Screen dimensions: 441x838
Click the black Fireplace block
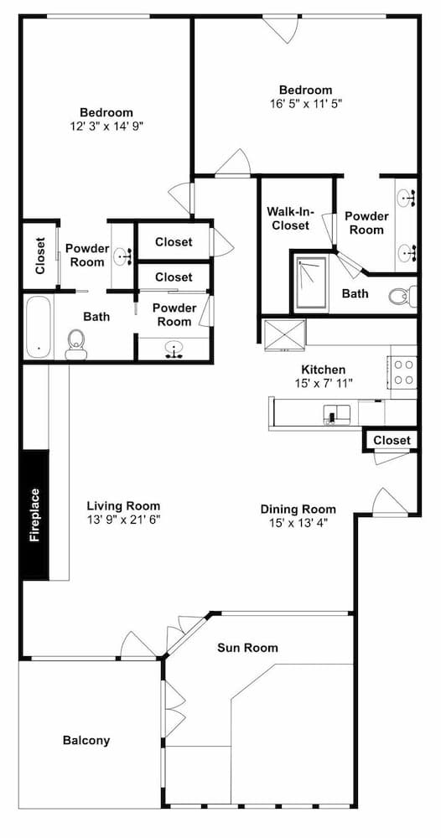(x=35, y=515)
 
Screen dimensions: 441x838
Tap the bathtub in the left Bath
(x=38, y=327)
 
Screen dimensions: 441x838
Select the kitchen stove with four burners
(x=403, y=372)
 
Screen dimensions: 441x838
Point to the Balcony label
(x=86, y=740)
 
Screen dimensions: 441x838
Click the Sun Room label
(x=247, y=648)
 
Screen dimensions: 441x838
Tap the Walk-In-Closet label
(x=290, y=219)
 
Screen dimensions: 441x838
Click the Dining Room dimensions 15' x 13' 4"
(x=298, y=522)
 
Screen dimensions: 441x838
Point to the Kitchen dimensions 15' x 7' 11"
(x=324, y=383)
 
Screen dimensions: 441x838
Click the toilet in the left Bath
(x=75, y=344)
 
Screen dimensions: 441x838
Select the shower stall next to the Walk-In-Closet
(x=310, y=282)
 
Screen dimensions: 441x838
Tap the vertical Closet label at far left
(x=40, y=256)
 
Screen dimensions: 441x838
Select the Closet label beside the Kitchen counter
(x=392, y=440)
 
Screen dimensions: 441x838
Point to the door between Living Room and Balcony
(x=137, y=645)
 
